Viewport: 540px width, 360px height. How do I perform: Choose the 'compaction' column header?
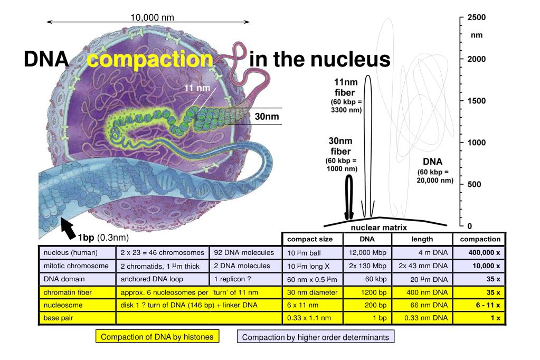[x=480, y=239]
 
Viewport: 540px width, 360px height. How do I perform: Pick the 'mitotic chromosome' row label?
[x=77, y=266]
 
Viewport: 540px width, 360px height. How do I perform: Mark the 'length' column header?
[x=422, y=239]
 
